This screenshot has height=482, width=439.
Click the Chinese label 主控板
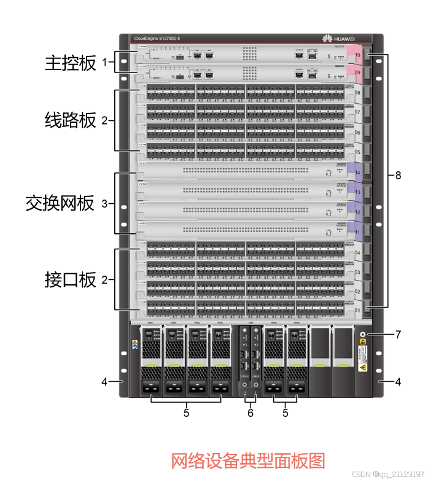[x=71, y=63]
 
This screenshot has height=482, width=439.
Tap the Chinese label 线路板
[x=71, y=120]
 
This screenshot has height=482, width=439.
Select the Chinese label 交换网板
[x=60, y=203]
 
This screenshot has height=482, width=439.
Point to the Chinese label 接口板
[x=71, y=280]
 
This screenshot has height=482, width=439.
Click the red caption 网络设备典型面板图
[x=247, y=461]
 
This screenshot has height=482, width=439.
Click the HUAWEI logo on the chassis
[x=338, y=39]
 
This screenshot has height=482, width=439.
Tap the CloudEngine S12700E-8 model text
[x=157, y=39]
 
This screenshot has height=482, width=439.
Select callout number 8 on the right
[x=398, y=176]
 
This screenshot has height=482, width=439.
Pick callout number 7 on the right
[x=398, y=335]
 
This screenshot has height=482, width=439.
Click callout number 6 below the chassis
[x=251, y=413]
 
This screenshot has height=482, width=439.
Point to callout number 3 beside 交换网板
[x=104, y=203]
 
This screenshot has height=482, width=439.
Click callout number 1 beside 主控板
[x=104, y=63]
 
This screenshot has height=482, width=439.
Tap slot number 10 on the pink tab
[x=357, y=55]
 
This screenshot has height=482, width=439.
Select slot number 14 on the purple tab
[x=357, y=173]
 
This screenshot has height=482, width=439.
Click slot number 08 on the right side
[x=357, y=93]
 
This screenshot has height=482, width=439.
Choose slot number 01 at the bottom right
[x=357, y=311]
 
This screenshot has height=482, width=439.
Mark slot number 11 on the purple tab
[x=357, y=233]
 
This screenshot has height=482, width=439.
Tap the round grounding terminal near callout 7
[x=362, y=335]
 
